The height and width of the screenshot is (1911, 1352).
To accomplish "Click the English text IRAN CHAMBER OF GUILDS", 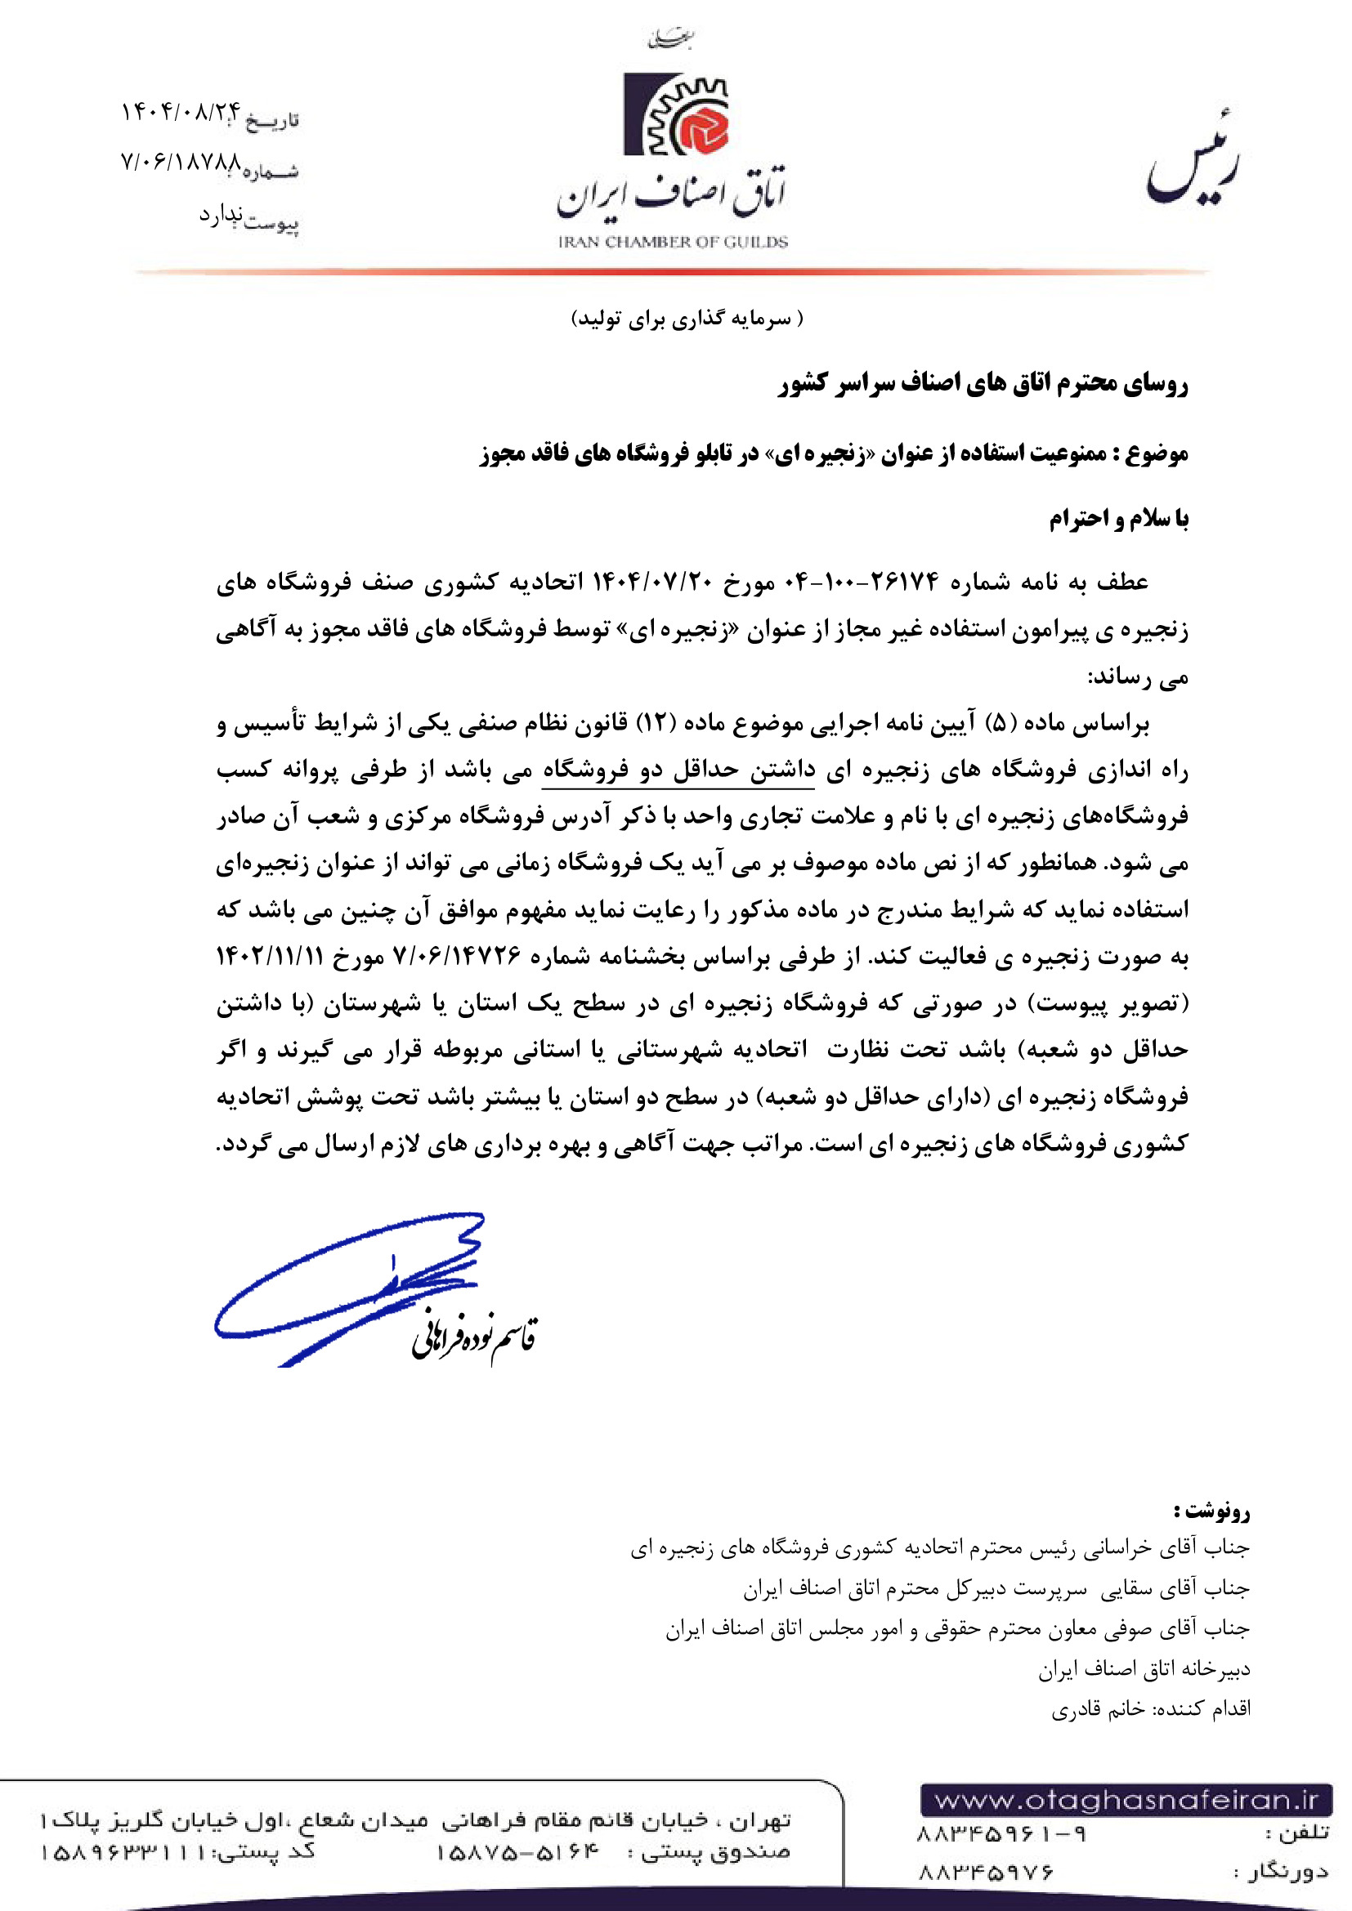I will coord(673,242).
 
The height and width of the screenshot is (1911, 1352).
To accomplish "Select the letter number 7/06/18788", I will coord(181,161).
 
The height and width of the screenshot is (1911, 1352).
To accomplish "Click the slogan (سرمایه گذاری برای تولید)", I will coord(687,319).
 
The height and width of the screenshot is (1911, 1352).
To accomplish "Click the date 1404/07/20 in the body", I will coord(650,581).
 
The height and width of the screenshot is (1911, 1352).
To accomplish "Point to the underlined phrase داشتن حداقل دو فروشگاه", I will coord(678,770).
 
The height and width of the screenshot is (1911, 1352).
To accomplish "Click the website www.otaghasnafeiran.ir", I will coord(1126,1801).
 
